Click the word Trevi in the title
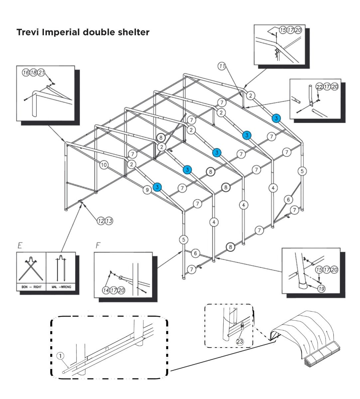[x=28, y=33]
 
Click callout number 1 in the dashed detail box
[x=60, y=355]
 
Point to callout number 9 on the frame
[x=147, y=190]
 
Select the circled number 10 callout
[x=104, y=164]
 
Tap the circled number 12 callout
[x=101, y=220]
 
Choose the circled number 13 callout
[x=109, y=220]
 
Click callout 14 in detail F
[x=105, y=290]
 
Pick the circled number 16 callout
[x=26, y=72]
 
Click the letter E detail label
[x=20, y=246]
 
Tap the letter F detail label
[x=98, y=246]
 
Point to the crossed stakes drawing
[x=31, y=269]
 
